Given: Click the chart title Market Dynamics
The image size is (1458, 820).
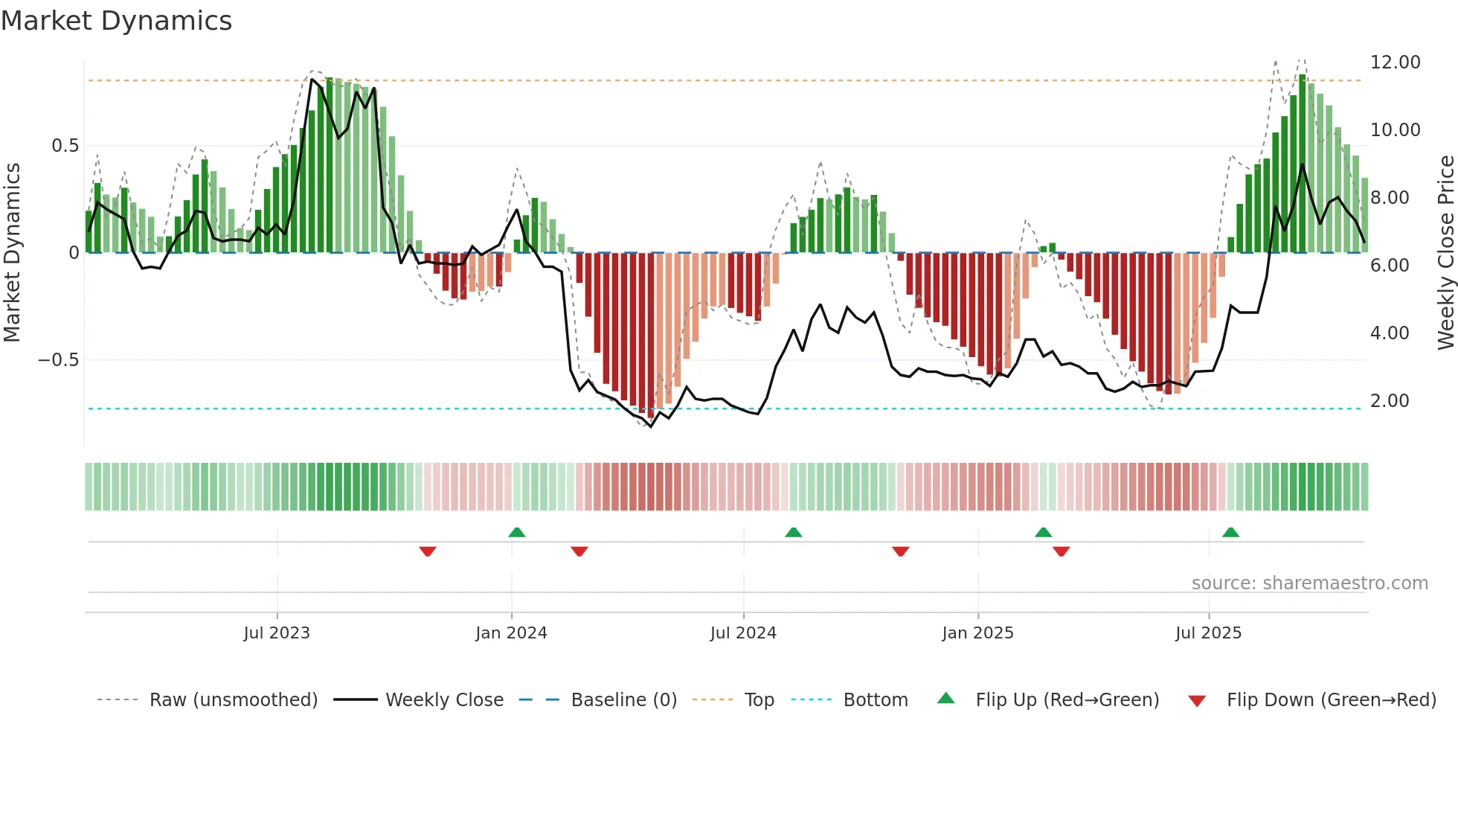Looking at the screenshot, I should click(116, 21).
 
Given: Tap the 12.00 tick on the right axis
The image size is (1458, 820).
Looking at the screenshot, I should click(1395, 63).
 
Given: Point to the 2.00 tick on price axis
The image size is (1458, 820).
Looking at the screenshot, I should click(1389, 401).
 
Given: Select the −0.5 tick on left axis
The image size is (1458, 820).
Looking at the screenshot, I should click(58, 360).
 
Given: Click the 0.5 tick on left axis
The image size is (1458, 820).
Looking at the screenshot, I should click(65, 146).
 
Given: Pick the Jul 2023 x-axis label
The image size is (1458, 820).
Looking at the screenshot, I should click(277, 633).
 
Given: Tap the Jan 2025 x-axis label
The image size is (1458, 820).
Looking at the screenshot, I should click(977, 633).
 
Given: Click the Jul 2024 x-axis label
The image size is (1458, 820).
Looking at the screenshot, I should click(743, 633).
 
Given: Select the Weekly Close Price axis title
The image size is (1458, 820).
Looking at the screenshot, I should click(1445, 253).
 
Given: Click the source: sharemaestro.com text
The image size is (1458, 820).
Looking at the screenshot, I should click(1309, 583).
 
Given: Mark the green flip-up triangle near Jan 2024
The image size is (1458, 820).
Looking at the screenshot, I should click(517, 532).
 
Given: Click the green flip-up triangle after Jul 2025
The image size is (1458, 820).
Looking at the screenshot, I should click(1230, 532).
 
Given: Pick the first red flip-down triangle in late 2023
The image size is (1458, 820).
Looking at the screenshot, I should click(428, 551).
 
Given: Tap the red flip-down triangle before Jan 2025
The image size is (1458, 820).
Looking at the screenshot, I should click(900, 551).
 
